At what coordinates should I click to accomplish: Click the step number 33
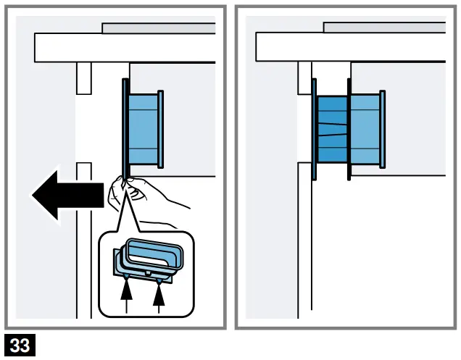click(19, 347)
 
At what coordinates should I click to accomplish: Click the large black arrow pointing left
click(65, 196)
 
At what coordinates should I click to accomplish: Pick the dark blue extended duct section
click(332, 130)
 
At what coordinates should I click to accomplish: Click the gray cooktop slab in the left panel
click(159, 28)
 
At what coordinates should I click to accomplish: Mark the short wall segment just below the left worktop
click(83, 78)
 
